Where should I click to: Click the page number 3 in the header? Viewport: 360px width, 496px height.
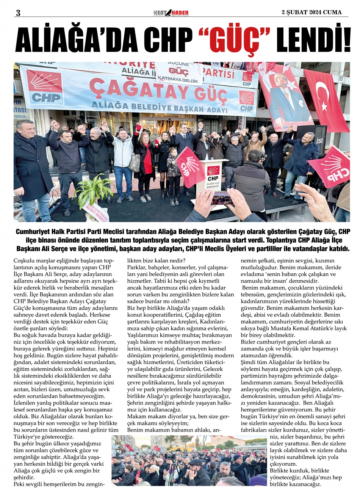[17, 13]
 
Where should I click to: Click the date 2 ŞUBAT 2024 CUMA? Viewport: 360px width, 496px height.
[311, 13]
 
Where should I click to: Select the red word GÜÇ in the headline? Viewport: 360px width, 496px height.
[236, 41]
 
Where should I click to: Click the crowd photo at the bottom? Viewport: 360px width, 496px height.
[189, 460]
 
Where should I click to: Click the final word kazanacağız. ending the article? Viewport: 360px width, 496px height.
[304, 485]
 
